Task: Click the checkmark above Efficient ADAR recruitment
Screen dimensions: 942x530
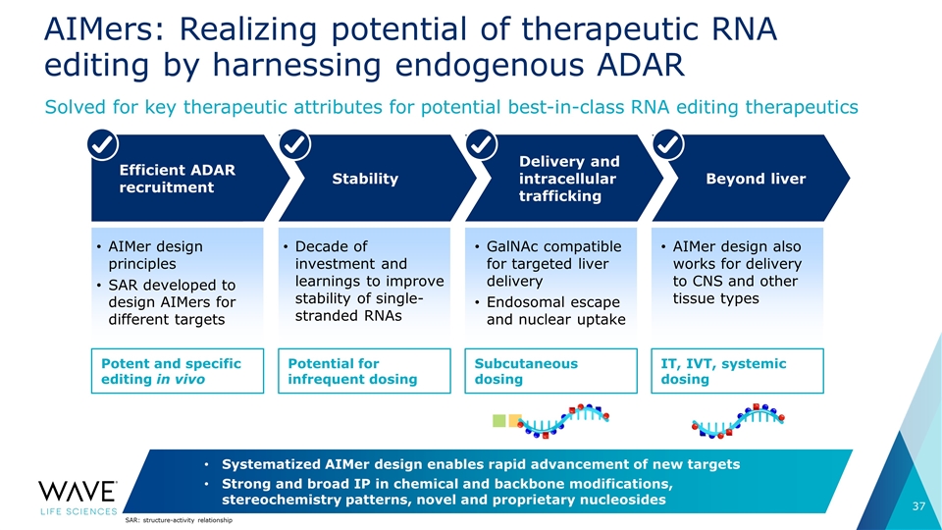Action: (103, 144)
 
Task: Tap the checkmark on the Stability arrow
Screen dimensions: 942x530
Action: (295, 144)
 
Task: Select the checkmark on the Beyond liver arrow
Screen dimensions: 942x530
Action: (668, 144)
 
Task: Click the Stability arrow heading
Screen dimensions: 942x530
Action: (365, 179)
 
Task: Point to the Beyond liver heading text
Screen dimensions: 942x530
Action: (756, 179)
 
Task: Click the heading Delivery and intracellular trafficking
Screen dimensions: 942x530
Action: (569, 179)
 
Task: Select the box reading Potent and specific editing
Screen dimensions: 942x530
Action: (178, 371)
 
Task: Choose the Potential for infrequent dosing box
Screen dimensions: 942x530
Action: (364, 371)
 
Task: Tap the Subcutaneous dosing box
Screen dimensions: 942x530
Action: (550, 371)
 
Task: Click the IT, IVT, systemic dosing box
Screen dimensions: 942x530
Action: (737, 371)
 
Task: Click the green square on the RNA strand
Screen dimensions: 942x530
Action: (499, 421)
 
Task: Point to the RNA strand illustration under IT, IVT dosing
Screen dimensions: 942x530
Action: (738, 421)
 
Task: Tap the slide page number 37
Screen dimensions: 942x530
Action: (918, 506)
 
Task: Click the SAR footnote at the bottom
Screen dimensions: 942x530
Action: (179, 520)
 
